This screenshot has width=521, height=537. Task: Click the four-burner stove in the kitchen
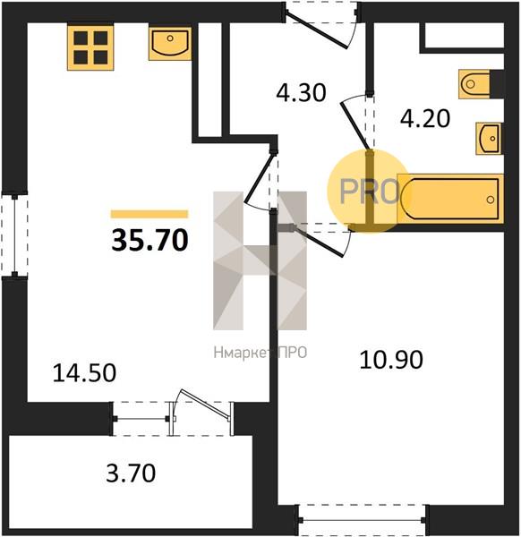click(x=90, y=47)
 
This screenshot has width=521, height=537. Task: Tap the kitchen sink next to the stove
click(x=170, y=44)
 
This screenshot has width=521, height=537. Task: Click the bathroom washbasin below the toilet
click(x=490, y=139)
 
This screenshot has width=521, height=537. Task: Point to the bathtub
click(x=450, y=199)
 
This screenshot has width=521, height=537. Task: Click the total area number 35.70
click(x=149, y=240)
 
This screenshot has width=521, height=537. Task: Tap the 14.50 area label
click(x=84, y=373)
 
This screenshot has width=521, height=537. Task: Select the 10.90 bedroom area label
click(x=391, y=360)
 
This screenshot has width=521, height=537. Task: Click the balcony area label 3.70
click(x=131, y=473)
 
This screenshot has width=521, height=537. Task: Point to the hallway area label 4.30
click(x=301, y=92)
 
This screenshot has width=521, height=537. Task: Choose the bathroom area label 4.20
click(x=425, y=118)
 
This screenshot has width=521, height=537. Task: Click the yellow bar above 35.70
click(x=149, y=214)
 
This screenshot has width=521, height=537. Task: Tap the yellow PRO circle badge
click(x=369, y=192)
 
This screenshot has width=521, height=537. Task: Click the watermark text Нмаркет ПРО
click(x=260, y=353)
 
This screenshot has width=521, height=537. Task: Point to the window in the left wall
click(x=14, y=235)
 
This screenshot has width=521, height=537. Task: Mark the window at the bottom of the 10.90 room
click(x=363, y=520)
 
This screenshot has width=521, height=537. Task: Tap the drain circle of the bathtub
click(x=491, y=200)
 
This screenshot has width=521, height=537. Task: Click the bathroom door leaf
click(x=354, y=126)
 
